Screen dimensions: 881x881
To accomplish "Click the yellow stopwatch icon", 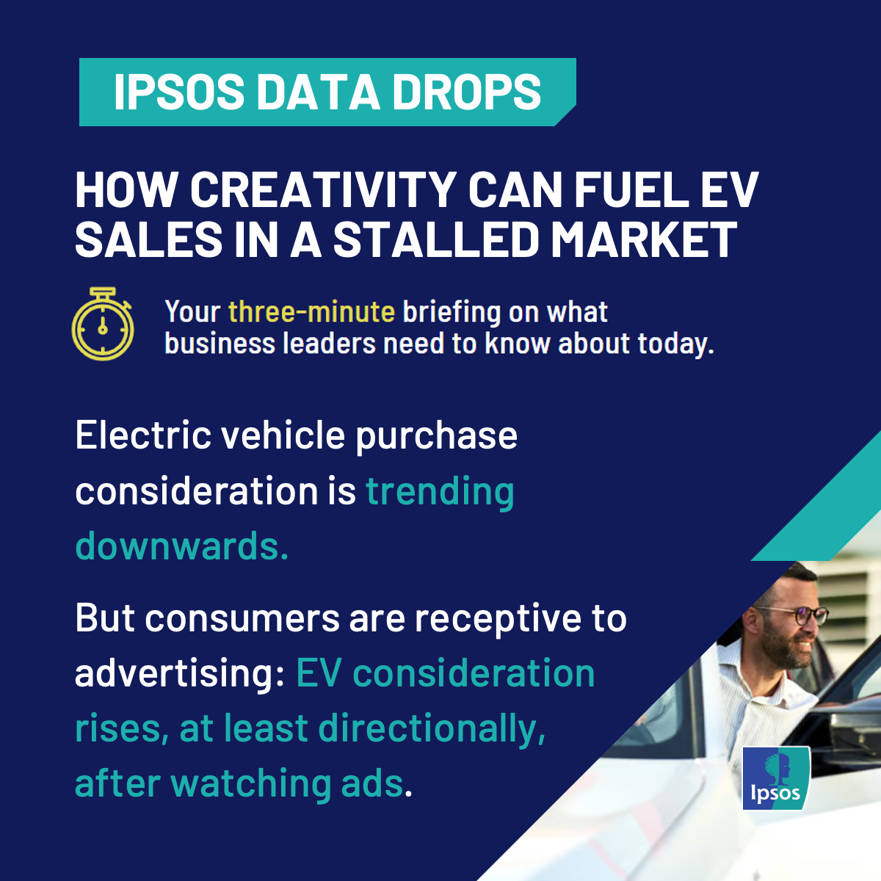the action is click(103, 325).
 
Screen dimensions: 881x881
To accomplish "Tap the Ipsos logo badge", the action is click(776, 778).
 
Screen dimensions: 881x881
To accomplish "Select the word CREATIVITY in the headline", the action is click(323, 190).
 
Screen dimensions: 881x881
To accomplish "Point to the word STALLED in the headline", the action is click(436, 240).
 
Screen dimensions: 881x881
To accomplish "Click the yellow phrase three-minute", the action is click(312, 312).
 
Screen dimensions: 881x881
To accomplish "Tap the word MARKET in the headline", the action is click(644, 240).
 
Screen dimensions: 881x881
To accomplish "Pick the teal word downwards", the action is click(182, 545).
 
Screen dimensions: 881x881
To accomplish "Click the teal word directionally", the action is click(432, 729).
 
